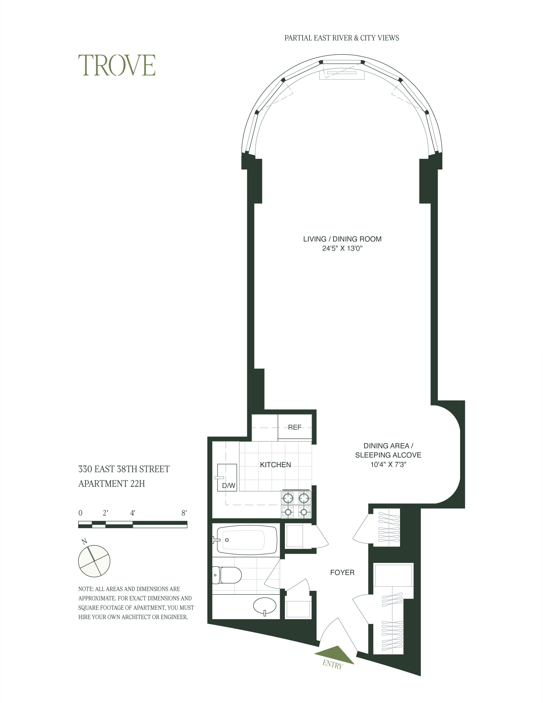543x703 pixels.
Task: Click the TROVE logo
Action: point(117,66)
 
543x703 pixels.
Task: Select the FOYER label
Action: point(342,573)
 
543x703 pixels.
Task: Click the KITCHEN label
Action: point(275,465)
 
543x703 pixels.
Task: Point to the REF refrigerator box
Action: point(295,427)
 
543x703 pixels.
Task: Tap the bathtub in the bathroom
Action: point(247,540)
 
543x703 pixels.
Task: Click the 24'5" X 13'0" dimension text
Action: point(342,248)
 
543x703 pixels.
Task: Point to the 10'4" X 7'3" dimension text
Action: point(388,464)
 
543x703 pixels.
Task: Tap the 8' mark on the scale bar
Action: point(184,513)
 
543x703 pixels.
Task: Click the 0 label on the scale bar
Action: point(80,513)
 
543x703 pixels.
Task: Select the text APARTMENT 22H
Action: point(111,484)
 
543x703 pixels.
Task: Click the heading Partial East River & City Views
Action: point(342,38)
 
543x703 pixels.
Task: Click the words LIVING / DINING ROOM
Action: point(342,239)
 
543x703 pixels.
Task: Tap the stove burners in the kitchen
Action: point(296,504)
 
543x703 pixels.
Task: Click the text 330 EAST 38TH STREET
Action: point(124,469)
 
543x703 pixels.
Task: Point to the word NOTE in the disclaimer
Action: point(85,589)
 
